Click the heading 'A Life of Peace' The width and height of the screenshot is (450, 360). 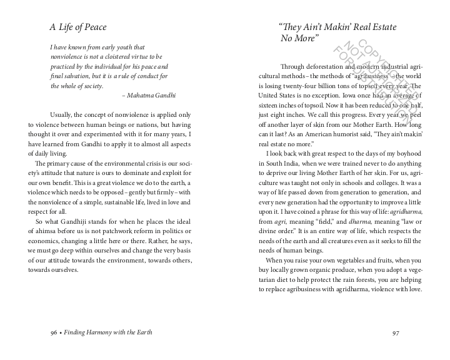78,27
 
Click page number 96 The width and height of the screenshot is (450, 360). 54,332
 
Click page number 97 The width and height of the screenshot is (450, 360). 395,332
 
